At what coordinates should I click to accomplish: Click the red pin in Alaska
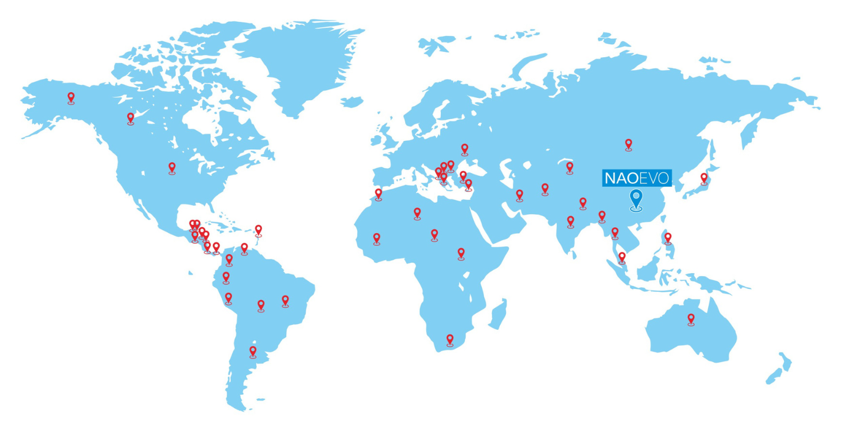point(71,98)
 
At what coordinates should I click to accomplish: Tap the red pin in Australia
point(691,319)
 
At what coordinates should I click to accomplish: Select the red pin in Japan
point(703,178)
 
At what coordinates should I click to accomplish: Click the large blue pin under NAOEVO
point(636,199)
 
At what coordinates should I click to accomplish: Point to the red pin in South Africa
point(450,339)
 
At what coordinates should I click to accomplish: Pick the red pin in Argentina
point(253,352)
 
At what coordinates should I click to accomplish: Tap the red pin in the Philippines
point(667,238)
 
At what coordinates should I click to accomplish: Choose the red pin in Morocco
point(378,193)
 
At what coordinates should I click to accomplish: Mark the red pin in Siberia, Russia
point(629,144)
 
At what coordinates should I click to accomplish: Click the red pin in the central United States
point(172,168)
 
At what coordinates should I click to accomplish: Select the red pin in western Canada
point(130,118)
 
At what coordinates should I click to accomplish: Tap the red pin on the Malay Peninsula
point(621,257)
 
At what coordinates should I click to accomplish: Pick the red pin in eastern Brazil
point(285,301)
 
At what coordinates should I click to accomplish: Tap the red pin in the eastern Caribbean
point(258,229)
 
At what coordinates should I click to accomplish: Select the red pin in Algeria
point(417,212)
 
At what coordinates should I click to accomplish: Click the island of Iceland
point(352,102)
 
